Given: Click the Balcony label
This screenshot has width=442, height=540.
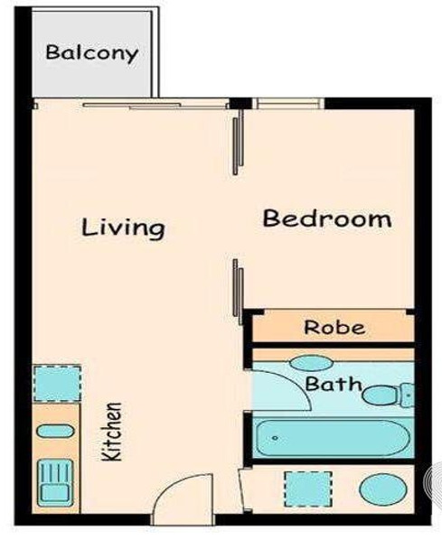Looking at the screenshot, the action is (92, 53).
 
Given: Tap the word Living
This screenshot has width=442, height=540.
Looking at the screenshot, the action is (123, 228).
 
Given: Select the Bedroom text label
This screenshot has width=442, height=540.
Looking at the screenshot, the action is (327, 219).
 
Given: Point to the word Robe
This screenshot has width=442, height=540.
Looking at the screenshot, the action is (334, 328).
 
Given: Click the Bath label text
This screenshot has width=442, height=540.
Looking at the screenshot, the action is (334, 384).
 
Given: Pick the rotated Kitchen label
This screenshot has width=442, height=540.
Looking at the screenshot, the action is (112, 432).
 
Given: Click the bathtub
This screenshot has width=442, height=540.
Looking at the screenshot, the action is (333, 438).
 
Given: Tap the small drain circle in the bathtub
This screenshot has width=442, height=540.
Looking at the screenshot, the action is (275, 438).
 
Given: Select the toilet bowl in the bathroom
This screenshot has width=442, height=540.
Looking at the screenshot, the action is (381, 396).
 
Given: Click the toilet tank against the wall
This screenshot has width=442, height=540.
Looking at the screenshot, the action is (407, 396).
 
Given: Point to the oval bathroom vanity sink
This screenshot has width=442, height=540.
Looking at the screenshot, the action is (311, 363).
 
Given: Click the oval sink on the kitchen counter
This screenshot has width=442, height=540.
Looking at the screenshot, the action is (55, 431).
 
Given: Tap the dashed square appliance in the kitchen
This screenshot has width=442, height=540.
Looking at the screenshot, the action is (57, 384).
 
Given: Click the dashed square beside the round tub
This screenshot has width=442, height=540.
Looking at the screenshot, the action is (308, 489).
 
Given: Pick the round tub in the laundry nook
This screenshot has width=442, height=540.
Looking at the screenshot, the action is (382, 489).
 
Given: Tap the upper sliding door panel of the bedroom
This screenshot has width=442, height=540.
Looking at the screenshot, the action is (239, 143).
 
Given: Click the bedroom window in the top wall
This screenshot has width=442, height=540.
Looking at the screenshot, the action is (288, 103).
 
